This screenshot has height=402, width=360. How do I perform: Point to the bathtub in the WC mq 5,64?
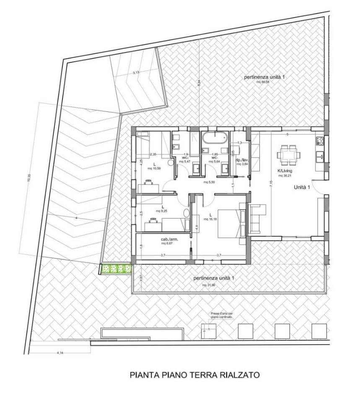(x=215, y=137)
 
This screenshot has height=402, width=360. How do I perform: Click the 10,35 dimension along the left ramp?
(x=29, y=177)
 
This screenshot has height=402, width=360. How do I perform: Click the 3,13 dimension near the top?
(x=136, y=73)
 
